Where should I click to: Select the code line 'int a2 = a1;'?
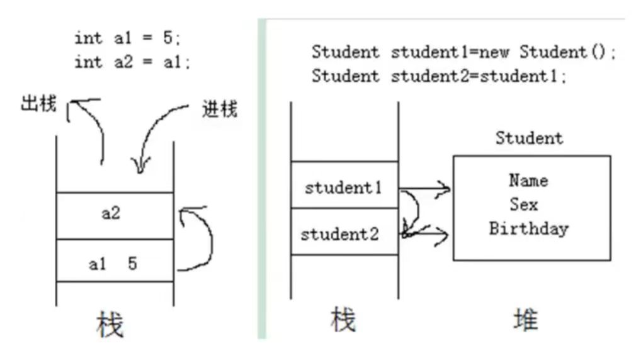131,62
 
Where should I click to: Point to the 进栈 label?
220,110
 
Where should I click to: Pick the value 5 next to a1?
132,264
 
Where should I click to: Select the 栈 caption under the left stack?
111,325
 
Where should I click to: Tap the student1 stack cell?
344,188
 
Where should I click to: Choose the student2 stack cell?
340,235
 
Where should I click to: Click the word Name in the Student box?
528,181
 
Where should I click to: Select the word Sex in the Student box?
524,205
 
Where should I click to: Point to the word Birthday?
529,228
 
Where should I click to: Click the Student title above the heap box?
529,138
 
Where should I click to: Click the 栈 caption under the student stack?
343,321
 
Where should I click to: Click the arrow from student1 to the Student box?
426,188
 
